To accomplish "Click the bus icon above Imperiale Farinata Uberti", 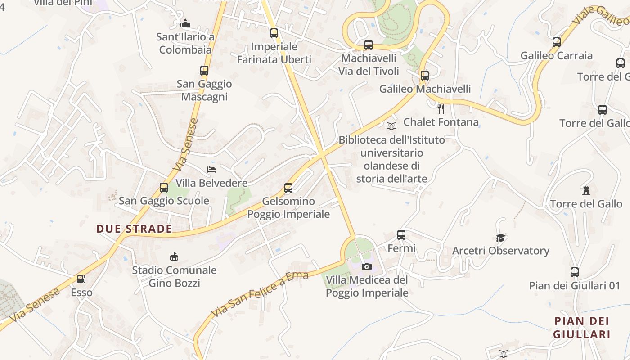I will pyautogui.click(x=274, y=33).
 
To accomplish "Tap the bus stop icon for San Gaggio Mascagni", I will pyautogui.click(x=204, y=71).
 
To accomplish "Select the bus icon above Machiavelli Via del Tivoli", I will pyautogui.click(x=369, y=45).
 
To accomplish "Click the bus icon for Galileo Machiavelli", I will pyautogui.click(x=424, y=76).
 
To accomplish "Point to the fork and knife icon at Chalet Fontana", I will pyautogui.click(x=441, y=108).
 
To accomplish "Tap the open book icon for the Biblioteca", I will pyautogui.click(x=391, y=126).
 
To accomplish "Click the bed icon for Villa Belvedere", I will pyautogui.click(x=211, y=170).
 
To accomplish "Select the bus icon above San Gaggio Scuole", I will pyautogui.click(x=164, y=188).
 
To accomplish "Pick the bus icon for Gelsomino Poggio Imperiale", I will pyautogui.click(x=288, y=188).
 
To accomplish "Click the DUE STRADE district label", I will pyautogui.click(x=134, y=229).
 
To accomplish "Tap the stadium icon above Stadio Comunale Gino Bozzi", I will pyautogui.click(x=174, y=257).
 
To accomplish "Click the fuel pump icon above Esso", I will pyautogui.click(x=81, y=279).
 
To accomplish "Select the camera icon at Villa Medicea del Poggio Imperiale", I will pyautogui.click(x=367, y=266).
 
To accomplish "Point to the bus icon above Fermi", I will pyautogui.click(x=401, y=235).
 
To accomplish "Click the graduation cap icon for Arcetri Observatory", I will pyautogui.click(x=500, y=238).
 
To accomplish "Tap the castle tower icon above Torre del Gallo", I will pyautogui.click(x=586, y=191).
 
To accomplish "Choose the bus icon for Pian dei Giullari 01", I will pyautogui.click(x=575, y=272).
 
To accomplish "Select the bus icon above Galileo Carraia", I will pyautogui.click(x=557, y=42).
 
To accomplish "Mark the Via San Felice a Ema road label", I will pyautogui.click(x=260, y=294).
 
